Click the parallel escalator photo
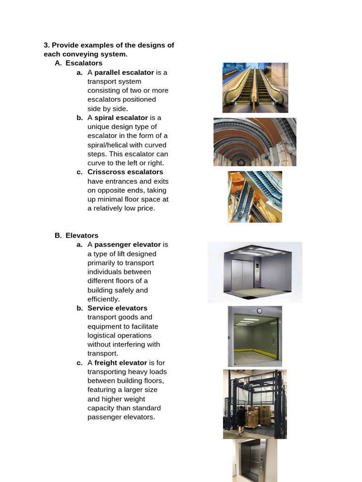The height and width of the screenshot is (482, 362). point(255,88)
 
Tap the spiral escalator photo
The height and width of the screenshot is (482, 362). point(255,142)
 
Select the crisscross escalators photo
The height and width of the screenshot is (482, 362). point(255,197)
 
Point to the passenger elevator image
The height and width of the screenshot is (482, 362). point(255,272)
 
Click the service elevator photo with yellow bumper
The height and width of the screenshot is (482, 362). point(255,336)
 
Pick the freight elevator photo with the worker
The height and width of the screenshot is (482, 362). point(255,404)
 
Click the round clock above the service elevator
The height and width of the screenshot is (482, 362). point(259,311)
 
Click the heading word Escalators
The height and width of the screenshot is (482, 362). point(84,63)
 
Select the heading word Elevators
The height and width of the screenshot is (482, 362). point(82,235)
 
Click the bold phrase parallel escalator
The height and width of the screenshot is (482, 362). point(124,72)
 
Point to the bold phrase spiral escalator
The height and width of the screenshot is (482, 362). point(121,118)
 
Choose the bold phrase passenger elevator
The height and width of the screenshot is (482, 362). point(128,245)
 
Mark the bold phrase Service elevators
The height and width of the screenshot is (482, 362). point(117,308)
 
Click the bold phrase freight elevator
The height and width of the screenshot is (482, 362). point(121,362)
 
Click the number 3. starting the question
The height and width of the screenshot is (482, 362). point(47,45)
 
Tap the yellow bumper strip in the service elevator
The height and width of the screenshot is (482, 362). point(255,350)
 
